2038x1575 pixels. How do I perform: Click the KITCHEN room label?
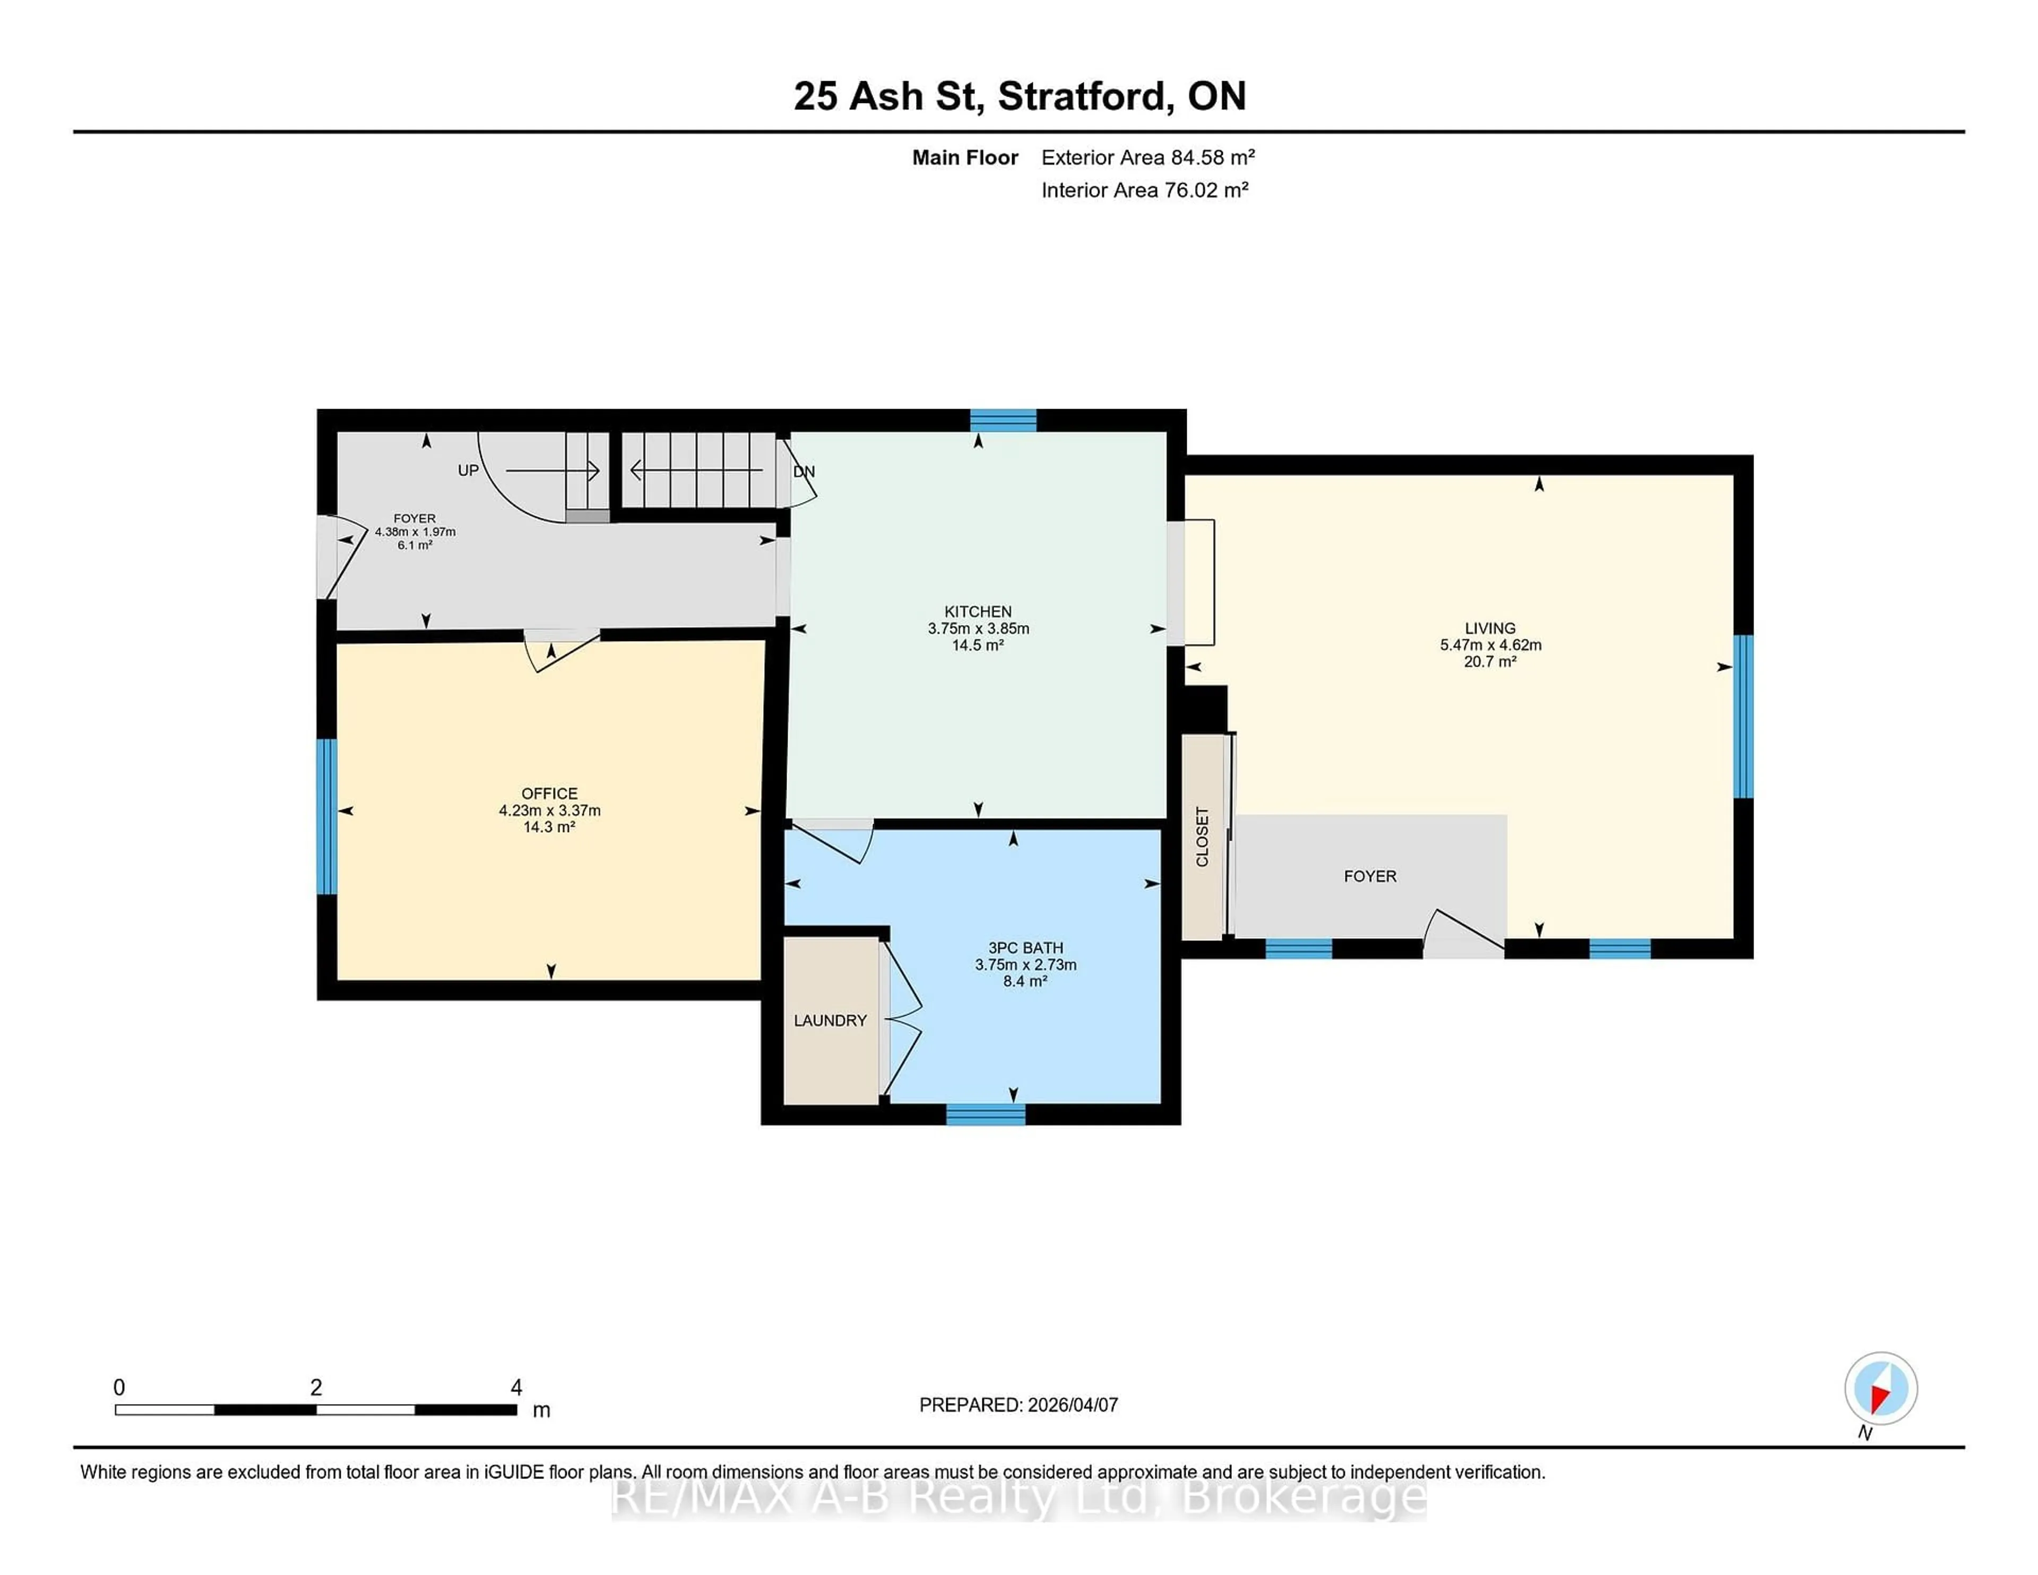point(977,612)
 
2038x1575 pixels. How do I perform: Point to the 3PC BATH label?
point(1025,948)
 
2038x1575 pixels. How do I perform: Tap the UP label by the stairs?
point(468,470)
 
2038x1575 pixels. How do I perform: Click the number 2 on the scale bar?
point(316,1388)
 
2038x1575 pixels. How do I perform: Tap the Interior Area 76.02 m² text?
point(1144,191)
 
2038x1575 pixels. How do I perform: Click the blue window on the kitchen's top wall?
point(1003,420)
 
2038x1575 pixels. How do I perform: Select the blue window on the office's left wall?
point(326,817)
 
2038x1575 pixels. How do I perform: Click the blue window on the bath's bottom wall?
point(986,1114)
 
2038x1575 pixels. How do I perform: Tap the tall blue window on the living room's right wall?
point(1742,716)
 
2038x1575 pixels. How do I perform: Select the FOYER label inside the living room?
point(1369,876)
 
